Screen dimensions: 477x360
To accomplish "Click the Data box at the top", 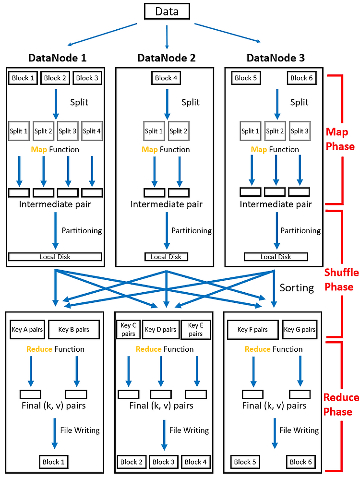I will coord(167,11).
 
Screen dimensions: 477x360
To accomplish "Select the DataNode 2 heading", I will coord(166,58).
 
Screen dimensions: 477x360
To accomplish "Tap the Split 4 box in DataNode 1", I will coord(92,131).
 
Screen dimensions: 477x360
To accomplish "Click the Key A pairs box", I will coord(26,330).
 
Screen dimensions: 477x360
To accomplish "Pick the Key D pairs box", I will coord(160,330).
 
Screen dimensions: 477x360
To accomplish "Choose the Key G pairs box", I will coord(300,330).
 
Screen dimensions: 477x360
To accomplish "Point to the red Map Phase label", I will coord(340,139).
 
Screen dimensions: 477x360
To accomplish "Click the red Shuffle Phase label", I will coord(341,280).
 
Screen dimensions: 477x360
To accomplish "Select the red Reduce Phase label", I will coord(341,405).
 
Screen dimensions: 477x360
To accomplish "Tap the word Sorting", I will coord(297,288).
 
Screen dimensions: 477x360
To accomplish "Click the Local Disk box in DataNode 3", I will coord(276,257).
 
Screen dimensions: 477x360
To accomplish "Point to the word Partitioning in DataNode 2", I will coord(191,230).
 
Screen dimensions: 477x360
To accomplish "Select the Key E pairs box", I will coord(195,330).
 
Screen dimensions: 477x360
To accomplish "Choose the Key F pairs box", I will coord(252,330).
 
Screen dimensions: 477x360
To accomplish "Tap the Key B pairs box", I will coord(76,330).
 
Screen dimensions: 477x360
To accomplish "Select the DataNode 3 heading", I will coord(275,58).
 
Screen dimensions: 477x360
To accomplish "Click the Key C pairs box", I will coord(128,330).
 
